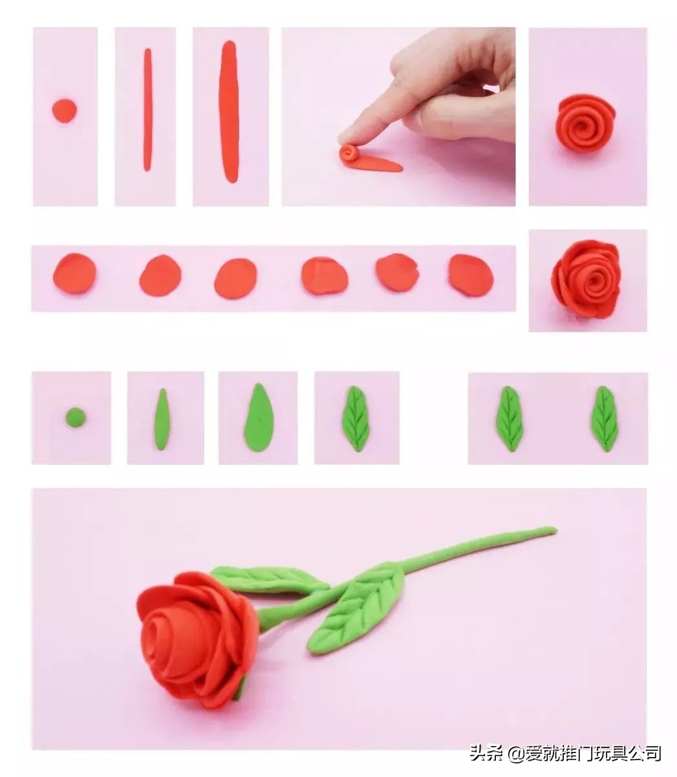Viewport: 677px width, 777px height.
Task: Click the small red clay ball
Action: [x=65, y=111]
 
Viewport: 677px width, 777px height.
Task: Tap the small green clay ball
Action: [x=75, y=418]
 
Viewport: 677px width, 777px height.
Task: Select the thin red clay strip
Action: [x=147, y=109]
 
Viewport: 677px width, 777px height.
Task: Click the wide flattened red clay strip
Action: [x=230, y=112]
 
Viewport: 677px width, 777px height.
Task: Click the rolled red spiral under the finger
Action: [x=350, y=154]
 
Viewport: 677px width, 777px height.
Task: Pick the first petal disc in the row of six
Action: [x=74, y=273]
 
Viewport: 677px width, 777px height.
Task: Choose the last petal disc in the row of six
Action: [x=471, y=276]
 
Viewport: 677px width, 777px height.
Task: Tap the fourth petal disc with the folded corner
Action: [x=325, y=276]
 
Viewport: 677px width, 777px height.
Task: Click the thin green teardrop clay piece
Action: [x=162, y=420]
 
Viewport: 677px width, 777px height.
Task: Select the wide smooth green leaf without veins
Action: [x=259, y=418]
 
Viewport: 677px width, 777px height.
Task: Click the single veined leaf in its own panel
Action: [x=356, y=419]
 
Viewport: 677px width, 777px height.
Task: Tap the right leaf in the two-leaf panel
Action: [x=605, y=419]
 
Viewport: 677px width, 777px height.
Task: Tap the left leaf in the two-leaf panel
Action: [x=510, y=419]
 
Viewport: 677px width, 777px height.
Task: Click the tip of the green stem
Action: [x=555, y=530]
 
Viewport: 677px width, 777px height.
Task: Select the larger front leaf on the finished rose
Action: [x=355, y=613]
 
